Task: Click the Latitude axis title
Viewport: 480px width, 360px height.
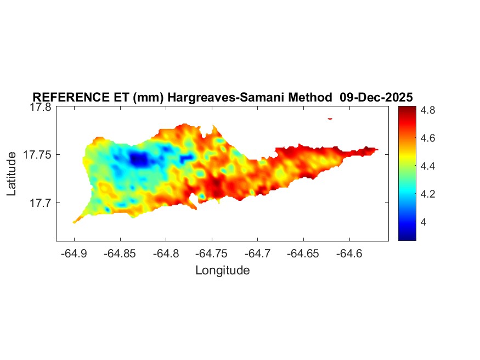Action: (x=12, y=174)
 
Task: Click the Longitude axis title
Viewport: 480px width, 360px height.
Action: (x=222, y=270)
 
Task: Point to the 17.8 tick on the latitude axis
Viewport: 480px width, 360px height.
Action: (x=40, y=108)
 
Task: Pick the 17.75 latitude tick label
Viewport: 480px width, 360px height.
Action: (x=37, y=155)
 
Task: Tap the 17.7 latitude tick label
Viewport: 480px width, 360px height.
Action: (x=40, y=203)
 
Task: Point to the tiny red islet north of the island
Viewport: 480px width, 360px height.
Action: (x=330, y=118)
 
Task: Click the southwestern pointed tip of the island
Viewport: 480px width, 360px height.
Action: (x=75, y=222)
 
